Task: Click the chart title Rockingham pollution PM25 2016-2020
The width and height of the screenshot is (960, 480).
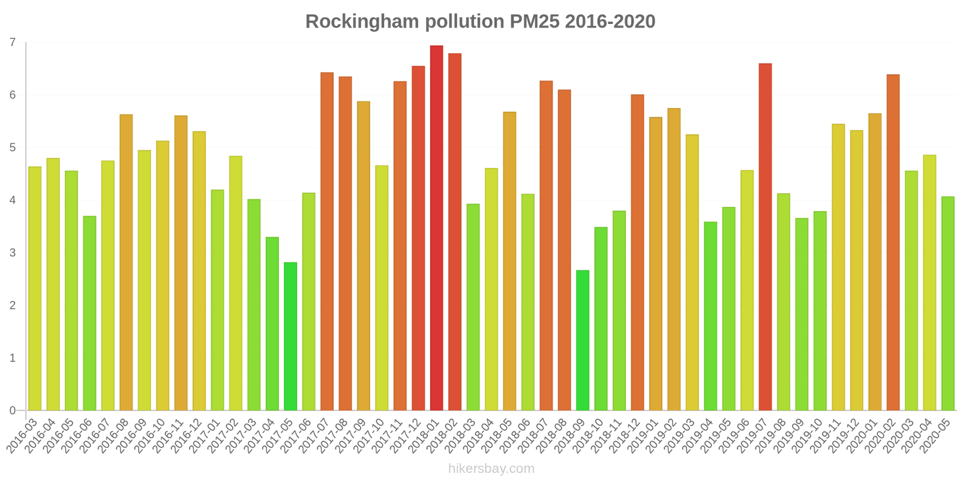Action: (480, 22)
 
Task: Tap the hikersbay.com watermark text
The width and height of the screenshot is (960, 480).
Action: (491, 469)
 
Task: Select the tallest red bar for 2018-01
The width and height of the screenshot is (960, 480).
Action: (436, 228)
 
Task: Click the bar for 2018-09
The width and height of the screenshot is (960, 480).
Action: (582, 340)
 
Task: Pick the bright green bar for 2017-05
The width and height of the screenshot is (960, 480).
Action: (290, 336)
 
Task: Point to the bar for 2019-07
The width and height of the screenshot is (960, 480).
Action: (765, 237)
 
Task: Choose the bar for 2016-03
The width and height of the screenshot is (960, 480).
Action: (35, 289)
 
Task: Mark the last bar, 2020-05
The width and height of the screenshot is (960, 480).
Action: (947, 304)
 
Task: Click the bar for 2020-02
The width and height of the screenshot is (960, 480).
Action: (893, 242)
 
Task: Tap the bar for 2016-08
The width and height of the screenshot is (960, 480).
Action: (126, 262)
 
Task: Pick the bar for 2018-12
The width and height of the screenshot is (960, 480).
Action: (637, 253)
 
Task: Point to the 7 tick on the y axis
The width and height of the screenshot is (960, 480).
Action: (13, 43)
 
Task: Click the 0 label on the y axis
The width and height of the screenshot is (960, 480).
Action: (13, 411)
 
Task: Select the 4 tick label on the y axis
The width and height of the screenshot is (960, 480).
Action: (13, 200)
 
